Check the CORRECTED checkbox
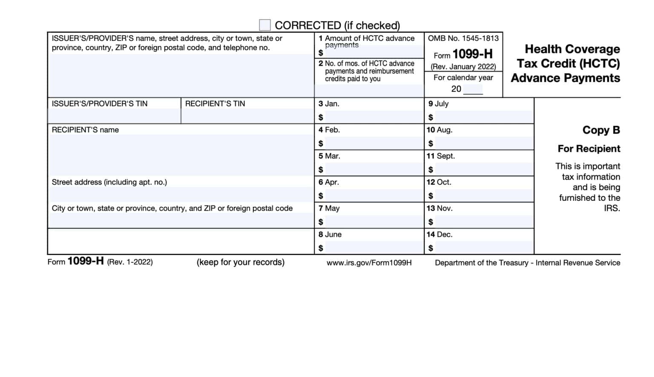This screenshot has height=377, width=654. (x=265, y=25)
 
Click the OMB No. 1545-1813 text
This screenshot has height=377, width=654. (x=463, y=38)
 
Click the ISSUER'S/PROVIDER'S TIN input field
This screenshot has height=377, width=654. (x=114, y=116)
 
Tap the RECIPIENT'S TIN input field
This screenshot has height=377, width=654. (x=247, y=116)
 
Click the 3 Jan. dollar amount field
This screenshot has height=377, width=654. (x=373, y=117)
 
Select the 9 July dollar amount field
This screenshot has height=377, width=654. (x=483, y=117)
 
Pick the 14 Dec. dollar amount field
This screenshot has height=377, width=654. (x=483, y=248)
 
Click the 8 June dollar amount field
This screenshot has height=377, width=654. (x=373, y=248)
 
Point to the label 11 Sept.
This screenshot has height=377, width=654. (x=441, y=156)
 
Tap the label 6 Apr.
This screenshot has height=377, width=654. (x=329, y=182)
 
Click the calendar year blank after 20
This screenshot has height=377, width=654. (x=473, y=89)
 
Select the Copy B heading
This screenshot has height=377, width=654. (x=601, y=130)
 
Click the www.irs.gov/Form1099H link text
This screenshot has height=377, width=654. (x=369, y=263)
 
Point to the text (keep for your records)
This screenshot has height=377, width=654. (x=241, y=262)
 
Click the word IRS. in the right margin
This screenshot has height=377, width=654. (x=612, y=208)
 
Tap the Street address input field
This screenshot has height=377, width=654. (x=181, y=194)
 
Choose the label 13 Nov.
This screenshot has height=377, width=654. (x=439, y=208)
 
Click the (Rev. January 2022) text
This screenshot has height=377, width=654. (x=463, y=67)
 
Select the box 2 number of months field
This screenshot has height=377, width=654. (x=369, y=90)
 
